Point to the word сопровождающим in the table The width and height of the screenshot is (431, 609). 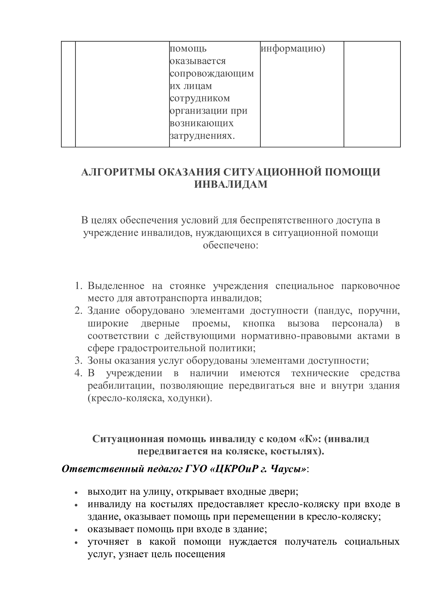212,73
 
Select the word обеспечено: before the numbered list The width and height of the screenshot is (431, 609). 231,245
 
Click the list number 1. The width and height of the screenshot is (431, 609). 78,286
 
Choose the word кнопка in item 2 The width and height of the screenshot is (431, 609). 259,323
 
